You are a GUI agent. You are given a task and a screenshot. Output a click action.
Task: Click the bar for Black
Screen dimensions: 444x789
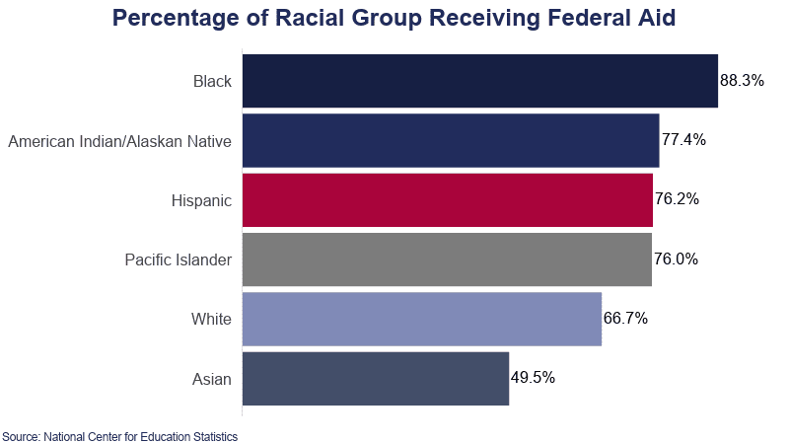pos(479,81)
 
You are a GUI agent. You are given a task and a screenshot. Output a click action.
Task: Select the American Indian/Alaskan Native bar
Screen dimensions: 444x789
pos(450,140)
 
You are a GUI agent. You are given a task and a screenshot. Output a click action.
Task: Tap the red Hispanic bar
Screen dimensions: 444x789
pos(447,200)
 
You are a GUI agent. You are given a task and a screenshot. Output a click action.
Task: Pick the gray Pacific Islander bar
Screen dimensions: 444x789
pos(446,259)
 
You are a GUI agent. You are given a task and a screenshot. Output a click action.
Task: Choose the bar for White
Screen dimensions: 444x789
pos(421,319)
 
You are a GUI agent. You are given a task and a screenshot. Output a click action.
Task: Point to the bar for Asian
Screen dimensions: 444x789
pos(375,378)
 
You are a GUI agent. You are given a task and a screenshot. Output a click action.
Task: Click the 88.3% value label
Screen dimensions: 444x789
pos(742,81)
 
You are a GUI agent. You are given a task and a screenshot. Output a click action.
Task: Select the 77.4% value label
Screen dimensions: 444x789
pos(683,140)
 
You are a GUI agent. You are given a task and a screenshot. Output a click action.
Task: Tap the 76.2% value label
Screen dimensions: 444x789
pos(677,199)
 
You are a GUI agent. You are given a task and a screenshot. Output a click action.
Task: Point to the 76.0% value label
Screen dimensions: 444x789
pos(676,259)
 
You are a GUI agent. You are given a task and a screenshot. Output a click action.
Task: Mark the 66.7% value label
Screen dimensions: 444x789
pos(625,319)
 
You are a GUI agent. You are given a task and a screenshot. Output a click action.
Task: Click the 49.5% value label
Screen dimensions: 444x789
pos(533,377)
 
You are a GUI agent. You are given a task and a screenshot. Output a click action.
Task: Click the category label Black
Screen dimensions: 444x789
pos(212,81)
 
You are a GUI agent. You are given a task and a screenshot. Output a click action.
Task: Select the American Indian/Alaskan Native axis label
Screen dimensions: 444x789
pos(119,141)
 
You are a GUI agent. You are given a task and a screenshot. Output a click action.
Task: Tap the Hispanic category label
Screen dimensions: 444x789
pos(201,200)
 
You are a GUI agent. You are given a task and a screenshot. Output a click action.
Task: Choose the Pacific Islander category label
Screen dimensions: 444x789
pos(178,259)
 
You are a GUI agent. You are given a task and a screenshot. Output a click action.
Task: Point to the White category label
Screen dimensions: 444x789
pos(211,319)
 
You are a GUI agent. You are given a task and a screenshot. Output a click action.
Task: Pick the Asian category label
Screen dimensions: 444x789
pos(212,378)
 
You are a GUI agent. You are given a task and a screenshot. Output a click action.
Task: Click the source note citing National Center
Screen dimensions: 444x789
pos(119,435)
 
